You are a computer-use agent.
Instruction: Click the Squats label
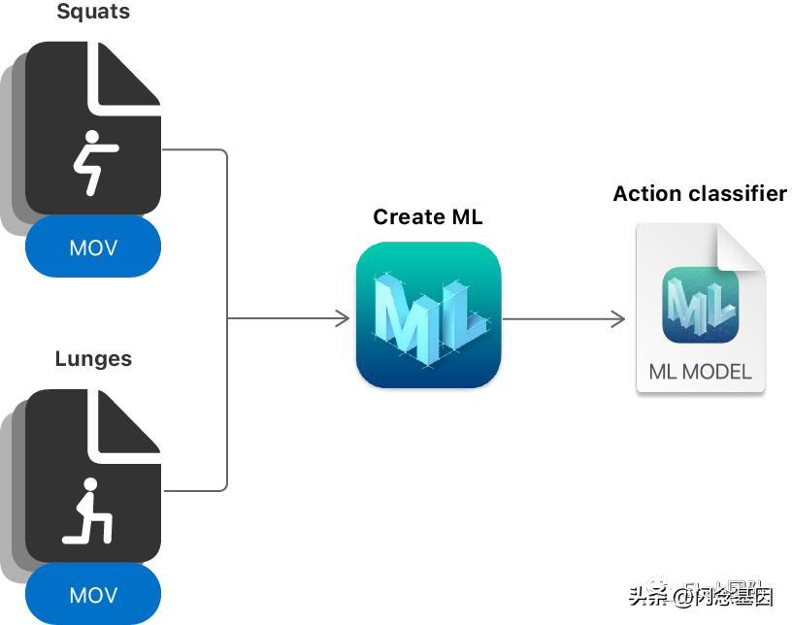(93, 13)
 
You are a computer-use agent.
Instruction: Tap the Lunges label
(93, 358)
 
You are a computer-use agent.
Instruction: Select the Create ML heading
(427, 216)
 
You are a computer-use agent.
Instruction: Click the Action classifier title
(700, 193)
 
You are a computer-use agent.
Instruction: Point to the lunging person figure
(88, 511)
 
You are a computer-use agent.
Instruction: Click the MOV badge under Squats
(93, 247)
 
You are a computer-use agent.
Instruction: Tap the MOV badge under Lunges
(93, 594)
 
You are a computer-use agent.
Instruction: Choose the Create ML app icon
(428, 314)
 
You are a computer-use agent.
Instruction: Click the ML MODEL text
(700, 371)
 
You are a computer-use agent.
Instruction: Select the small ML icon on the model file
(700, 305)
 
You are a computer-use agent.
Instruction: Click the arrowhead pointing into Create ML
(342, 317)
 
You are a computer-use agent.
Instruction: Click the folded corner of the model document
(742, 247)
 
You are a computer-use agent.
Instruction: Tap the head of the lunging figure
(90, 484)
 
